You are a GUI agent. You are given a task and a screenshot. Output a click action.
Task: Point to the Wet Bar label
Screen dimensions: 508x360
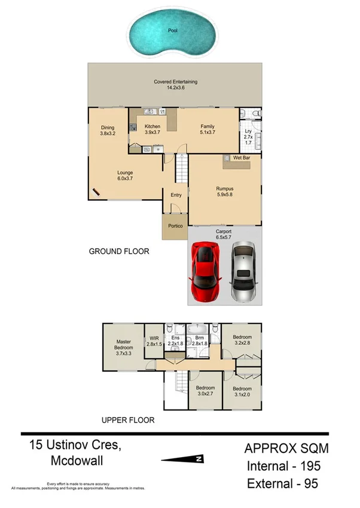[241, 158]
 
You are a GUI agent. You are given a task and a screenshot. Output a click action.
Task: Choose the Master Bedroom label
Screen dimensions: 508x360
[123, 348]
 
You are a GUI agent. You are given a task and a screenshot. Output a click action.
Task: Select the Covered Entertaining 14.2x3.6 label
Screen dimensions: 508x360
[175, 85]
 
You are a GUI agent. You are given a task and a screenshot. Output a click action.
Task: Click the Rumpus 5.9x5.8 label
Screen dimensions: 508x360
[224, 192]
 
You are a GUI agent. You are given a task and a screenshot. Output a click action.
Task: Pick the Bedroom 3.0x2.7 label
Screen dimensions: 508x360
[205, 390]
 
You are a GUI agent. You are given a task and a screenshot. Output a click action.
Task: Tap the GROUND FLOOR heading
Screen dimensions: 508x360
[119, 252]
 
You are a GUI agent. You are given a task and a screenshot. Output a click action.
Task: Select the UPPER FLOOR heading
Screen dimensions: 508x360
[128, 420]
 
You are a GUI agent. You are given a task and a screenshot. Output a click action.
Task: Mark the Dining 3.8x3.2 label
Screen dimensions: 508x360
[107, 130]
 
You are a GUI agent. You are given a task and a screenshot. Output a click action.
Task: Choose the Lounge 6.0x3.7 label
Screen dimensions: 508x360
[124, 176]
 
